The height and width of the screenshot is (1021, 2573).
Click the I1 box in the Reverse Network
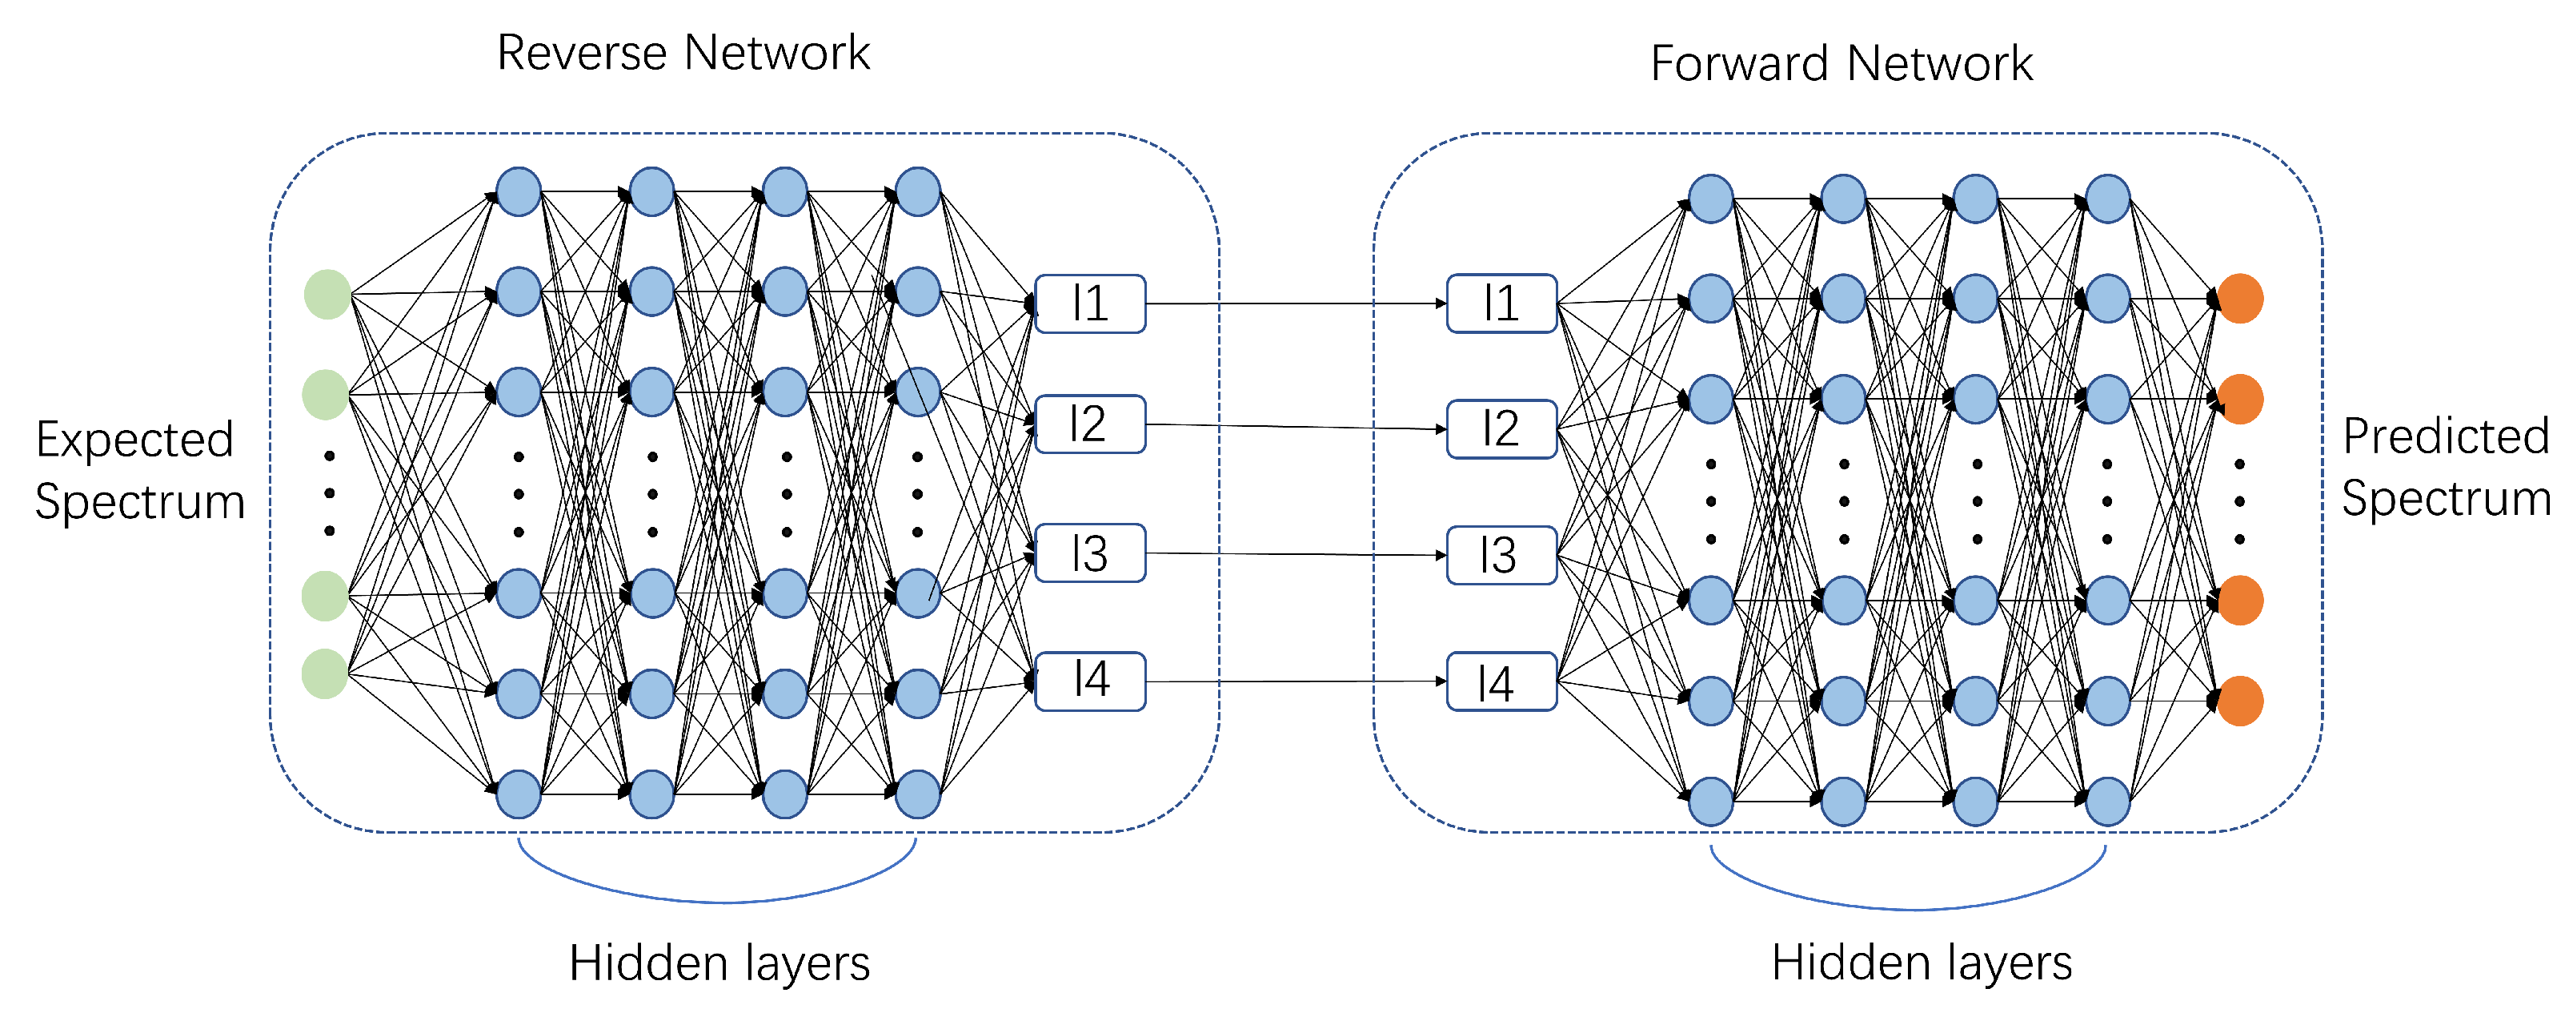point(1090,303)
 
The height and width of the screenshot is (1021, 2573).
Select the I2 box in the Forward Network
point(1501,428)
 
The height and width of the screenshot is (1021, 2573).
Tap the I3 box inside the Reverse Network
point(1090,553)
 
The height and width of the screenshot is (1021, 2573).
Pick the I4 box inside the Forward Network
point(1501,682)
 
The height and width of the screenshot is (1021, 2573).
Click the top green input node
point(327,295)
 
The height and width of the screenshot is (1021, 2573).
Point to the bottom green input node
point(326,673)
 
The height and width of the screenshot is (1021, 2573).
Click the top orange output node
point(2239,299)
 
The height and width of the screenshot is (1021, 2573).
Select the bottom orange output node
point(2239,701)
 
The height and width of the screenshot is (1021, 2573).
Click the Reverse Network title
point(683,53)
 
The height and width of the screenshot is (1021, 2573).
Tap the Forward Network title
point(1840,64)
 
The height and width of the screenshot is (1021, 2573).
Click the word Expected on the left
point(134,440)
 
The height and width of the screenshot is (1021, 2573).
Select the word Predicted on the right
point(2445,436)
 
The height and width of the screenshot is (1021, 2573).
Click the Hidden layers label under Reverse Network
point(719,963)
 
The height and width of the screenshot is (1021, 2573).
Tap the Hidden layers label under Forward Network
point(1921,963)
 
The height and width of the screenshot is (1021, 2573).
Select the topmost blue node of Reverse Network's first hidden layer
point(519,192)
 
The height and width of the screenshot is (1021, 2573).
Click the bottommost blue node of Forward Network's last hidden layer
point(2107,802)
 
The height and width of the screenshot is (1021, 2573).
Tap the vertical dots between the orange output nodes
point(2239,501)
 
